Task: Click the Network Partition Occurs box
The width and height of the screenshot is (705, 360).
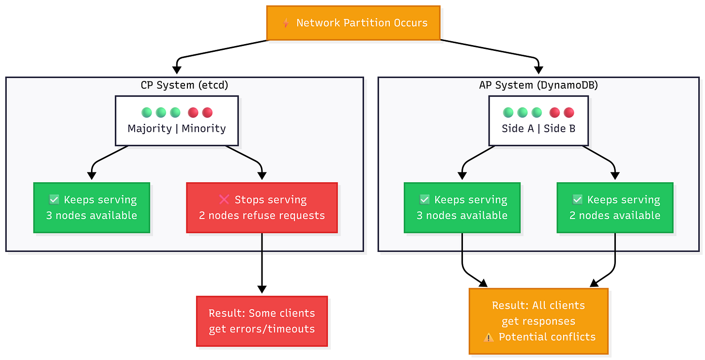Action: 353,23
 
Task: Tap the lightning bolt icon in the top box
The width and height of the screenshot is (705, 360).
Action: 286,23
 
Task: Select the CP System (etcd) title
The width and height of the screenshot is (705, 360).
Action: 184,85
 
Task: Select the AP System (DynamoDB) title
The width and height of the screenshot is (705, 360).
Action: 538,85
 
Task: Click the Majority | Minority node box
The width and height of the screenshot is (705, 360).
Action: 177,121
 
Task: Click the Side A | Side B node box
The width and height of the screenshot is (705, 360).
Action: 538,121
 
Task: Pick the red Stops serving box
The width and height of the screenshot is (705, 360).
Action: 262,207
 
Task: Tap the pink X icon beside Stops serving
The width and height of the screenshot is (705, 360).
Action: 224,200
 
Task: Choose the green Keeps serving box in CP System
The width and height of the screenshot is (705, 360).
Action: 92,207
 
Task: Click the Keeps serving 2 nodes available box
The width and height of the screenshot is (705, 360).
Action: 615,207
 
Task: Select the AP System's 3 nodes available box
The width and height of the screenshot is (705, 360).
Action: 462,207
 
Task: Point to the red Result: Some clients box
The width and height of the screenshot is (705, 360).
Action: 262,321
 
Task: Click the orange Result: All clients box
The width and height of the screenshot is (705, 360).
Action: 538,321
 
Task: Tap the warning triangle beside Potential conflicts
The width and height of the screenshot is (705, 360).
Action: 489,337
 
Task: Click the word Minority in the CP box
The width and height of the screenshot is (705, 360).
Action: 204,128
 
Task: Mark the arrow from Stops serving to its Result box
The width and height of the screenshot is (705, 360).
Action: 262,262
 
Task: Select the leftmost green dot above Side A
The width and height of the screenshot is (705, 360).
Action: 508,112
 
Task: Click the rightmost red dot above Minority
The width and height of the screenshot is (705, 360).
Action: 207,112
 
